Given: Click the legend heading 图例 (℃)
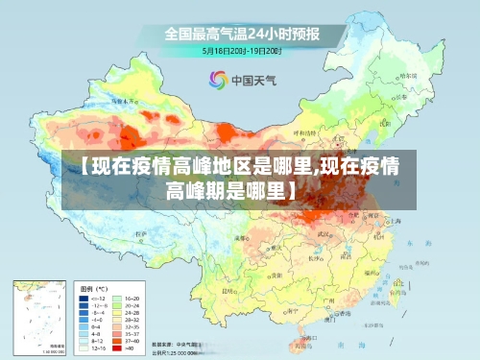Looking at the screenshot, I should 93,288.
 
